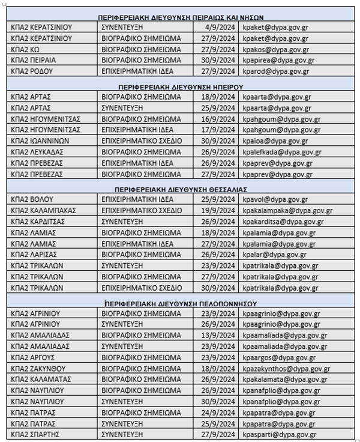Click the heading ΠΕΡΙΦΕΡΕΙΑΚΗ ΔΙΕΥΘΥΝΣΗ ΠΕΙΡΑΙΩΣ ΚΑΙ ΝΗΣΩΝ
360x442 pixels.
181,17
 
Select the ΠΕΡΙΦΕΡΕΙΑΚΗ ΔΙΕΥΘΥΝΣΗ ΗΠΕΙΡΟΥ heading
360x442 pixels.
181,85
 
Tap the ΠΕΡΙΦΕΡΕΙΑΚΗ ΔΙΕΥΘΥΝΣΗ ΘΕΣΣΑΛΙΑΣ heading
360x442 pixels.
181,189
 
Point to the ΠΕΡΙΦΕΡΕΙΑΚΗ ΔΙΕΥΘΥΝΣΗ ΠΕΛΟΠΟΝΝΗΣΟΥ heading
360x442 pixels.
181,303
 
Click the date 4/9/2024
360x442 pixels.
223,27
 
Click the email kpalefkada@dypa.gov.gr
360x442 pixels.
283,153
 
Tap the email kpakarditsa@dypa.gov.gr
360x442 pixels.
283,222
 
